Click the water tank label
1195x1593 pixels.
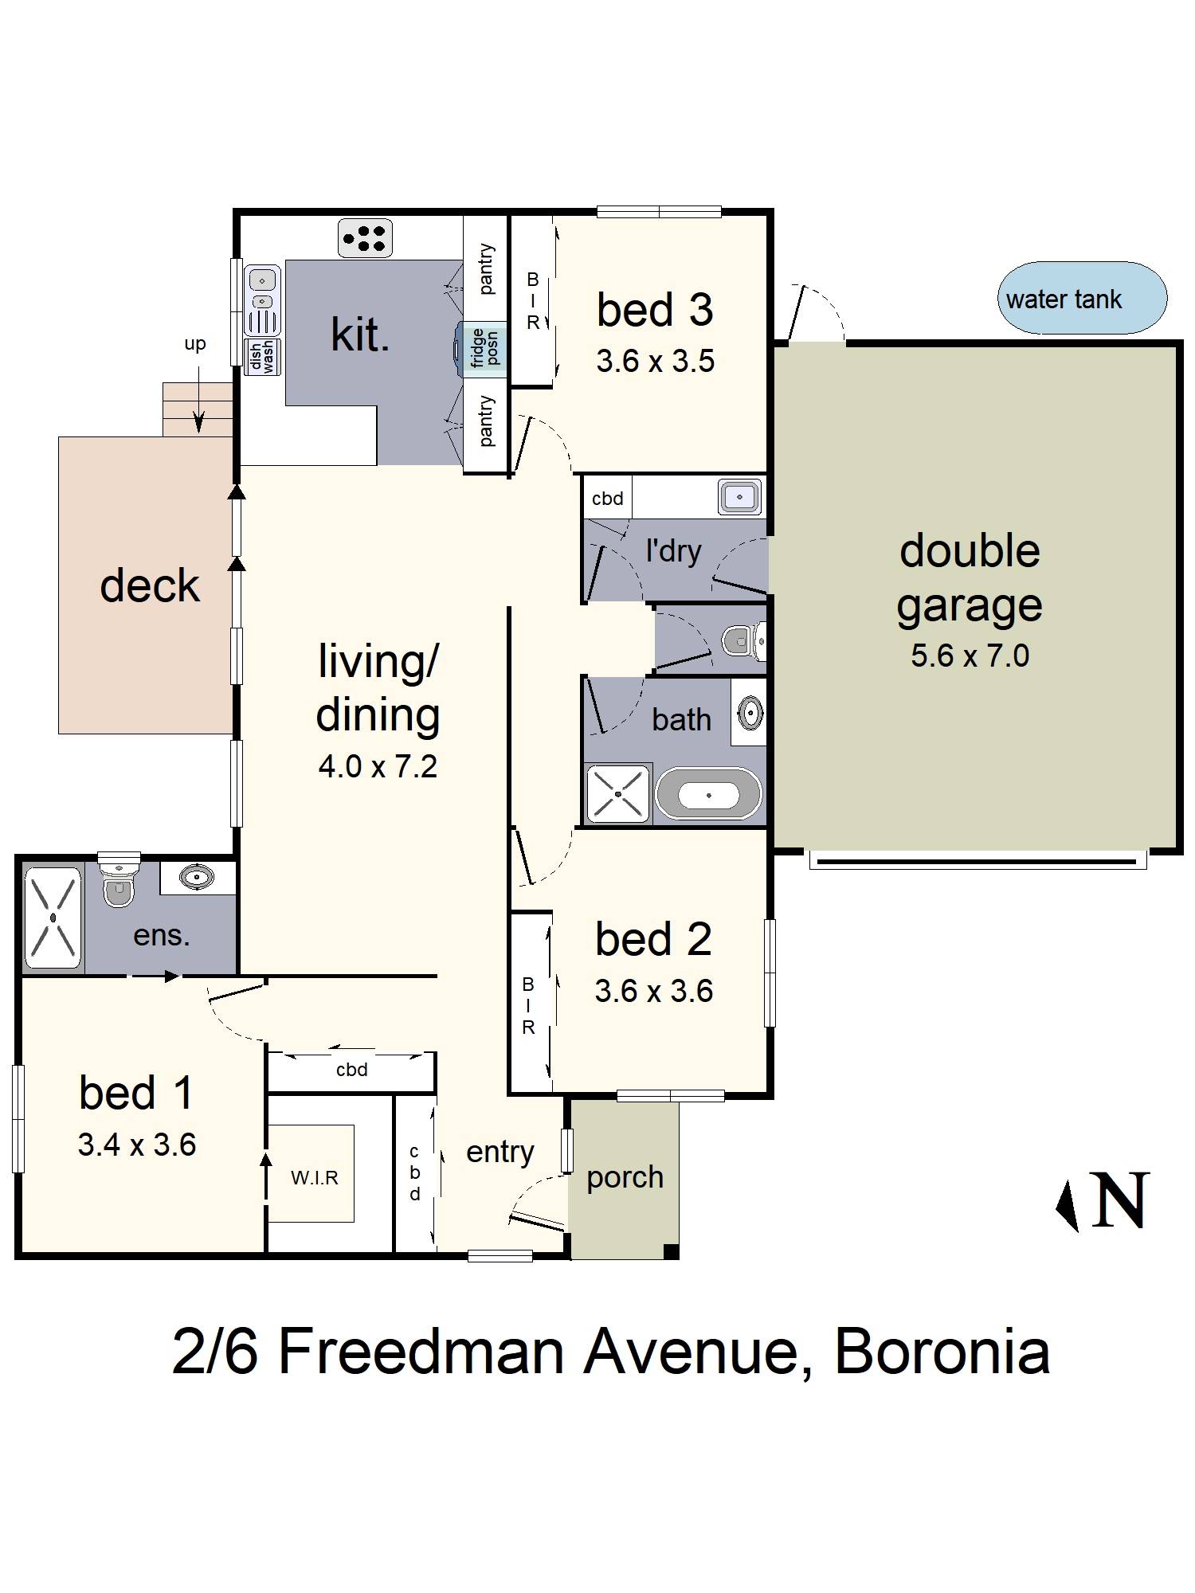click(x=1064, y=299)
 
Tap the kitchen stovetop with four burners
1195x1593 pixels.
click(x=365, y=237)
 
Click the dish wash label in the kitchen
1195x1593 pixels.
click(x=262, y=356)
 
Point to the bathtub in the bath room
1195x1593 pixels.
click(x=708, y=794)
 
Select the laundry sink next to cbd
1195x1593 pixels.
click(x=739, y=497)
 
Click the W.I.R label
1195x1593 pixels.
click(x=314, y=1177)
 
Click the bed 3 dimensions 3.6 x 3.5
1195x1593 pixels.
click(x=655, y=362)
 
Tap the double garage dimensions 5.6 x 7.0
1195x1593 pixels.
click(x=970, y=656)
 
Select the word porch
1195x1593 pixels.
click(x=625, y=1177)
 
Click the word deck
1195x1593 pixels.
click(x=149, y=585)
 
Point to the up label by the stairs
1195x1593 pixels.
click(x=194, y=343)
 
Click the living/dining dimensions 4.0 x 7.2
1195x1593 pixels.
click(x=378, y=766)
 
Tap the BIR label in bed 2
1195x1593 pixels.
click(x=528, y=1006)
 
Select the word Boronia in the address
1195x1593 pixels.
click(x=942, y=1352)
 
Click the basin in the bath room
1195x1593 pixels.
click(x=749, y=711)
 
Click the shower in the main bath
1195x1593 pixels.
click(x=618, y=794)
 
